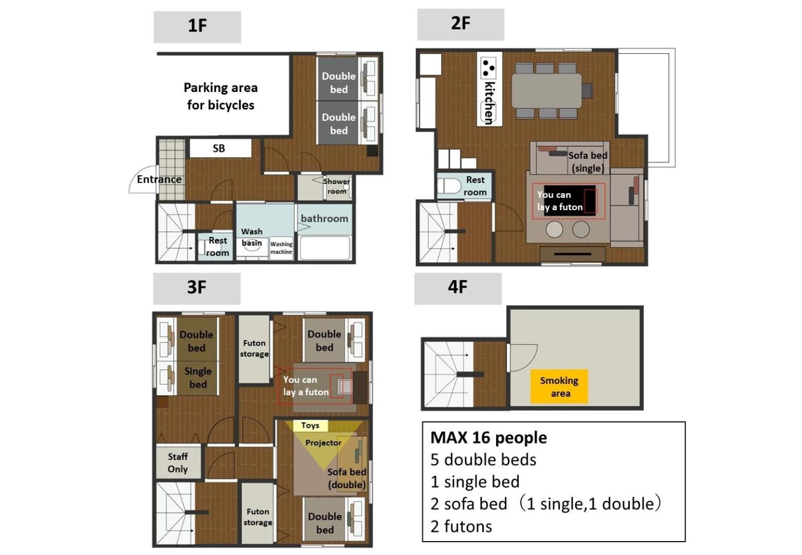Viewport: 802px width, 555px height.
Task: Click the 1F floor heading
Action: coord(197,27)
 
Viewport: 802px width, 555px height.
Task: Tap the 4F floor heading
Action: coord(458,288)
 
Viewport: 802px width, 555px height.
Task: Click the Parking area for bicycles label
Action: coord(221,96)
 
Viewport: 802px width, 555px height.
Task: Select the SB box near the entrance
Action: coord(220,148)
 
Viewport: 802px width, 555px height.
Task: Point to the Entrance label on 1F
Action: coord(159,179)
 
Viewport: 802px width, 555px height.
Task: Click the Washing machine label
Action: coord(281,248)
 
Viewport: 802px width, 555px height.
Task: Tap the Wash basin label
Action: coord(252,237)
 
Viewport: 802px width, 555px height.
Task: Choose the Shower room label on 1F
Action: coord(337,186)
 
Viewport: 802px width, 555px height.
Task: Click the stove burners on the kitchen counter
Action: coord(488,68)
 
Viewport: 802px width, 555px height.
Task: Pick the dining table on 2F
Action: coord(546,90)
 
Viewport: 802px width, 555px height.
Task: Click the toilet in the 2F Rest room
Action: coord(449,186)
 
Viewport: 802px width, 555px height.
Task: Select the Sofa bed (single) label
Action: coord(588,162)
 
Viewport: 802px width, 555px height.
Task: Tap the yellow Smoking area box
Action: coord(559,386)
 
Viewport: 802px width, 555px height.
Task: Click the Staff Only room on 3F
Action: coord(178,462)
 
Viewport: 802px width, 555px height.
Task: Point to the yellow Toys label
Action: coord(310,425)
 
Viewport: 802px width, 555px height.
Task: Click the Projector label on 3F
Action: coord(323,442)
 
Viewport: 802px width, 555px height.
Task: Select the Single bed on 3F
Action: coord(197,378)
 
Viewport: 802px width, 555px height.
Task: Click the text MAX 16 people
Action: coord(489,438)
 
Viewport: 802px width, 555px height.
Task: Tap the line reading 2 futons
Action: coord(462,526)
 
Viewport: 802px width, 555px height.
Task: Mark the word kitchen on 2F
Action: coord(489,103)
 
